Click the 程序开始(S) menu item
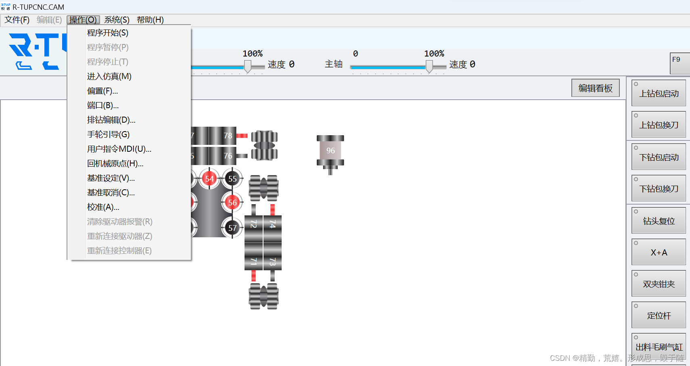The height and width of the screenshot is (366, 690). click(108, 33)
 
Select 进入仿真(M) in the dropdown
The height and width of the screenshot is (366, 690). click(109, 76)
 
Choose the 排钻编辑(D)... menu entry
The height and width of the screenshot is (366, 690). click(111, 120)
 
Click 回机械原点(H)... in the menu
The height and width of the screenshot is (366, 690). click(115, 163)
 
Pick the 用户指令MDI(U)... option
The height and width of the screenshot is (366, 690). click(119, 149)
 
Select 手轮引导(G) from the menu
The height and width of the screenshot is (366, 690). click(109, 134)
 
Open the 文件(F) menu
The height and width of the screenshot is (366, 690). click(17, 20)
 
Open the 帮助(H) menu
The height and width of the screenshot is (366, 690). click(150, 20)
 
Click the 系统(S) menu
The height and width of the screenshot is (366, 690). click(117, 20)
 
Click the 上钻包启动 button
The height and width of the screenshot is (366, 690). click(659, 93)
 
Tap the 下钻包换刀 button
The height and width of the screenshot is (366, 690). click(659, 188)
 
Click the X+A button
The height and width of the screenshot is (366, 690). click(659, 252)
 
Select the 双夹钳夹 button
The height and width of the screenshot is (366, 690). click(659, 284)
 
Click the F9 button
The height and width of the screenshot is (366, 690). click(680, 63)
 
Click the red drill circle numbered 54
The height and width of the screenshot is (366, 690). click(209, 179)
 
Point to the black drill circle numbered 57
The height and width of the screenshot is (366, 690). click(232, 228)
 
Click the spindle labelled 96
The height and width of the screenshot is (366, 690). click(330, 151)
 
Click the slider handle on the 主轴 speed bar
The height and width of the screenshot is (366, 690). click(429, 66)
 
